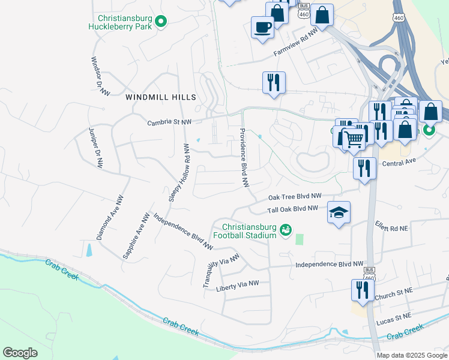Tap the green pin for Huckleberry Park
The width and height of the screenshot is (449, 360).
click(x=160, y=22)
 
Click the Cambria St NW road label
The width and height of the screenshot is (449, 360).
click(x=170, y=122)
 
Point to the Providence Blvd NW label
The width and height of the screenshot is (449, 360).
click(x=244, y=158)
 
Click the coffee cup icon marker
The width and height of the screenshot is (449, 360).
click(x=262, y=28)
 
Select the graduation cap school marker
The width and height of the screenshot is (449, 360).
click(x=339, y=212)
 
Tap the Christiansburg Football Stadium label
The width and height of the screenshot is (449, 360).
click(x=249, y=231)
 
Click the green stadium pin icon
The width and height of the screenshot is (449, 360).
click(x=286, y=229)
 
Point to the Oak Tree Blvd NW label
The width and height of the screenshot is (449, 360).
click(x=295, y=196)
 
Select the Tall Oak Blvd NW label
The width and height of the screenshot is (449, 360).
click(x=292, y=209)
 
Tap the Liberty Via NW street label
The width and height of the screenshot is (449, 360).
click(x=237, y=284)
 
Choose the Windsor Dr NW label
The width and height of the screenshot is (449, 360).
click(x=100, y=76)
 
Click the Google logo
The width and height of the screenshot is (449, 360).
click(x=20, y=353)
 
